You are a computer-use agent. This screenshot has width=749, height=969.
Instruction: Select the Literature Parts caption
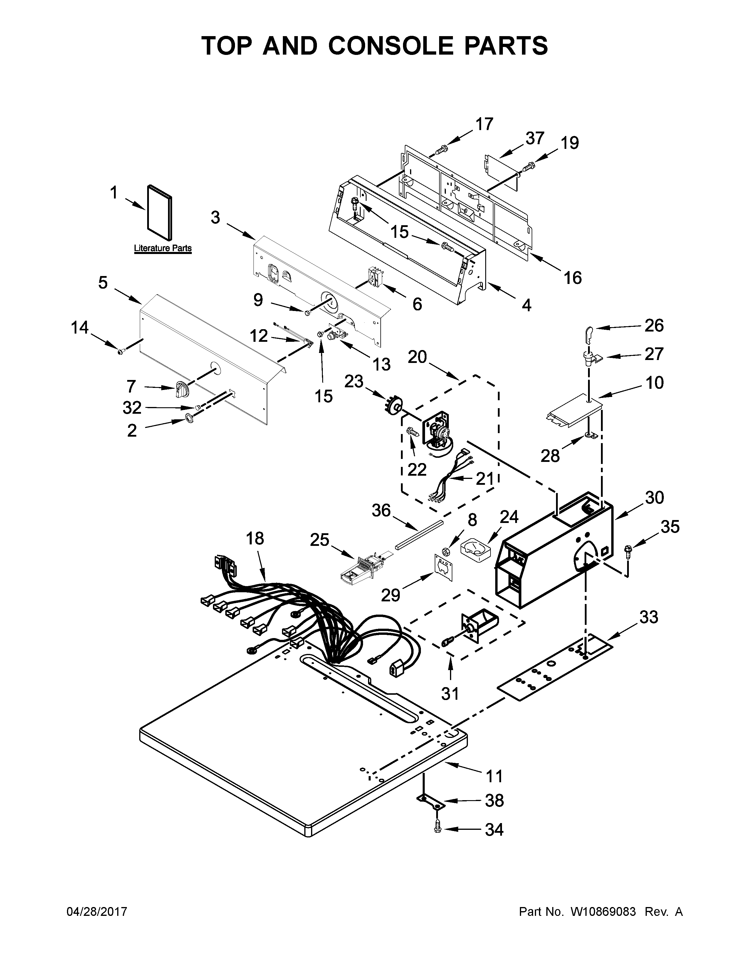pos(163,248)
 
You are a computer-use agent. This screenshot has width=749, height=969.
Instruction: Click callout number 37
pos(535,138)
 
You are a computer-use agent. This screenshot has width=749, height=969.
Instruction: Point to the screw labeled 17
pos(441,150)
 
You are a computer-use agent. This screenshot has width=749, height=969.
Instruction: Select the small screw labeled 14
pos(121,351)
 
